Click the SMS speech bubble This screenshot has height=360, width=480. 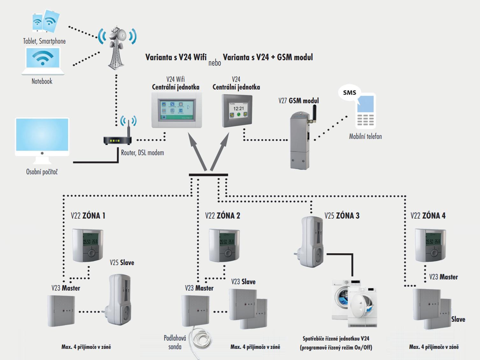point(349,92)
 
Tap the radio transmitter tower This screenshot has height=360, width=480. point(117,48)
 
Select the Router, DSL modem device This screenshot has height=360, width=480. point(117,139)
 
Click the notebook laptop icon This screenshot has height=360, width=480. point(43,61)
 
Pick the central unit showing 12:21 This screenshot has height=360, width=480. point(237,111)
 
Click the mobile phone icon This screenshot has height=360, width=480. point(365,112)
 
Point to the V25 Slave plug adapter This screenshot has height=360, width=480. point(119,299)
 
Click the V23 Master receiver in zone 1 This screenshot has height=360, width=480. point(61,311)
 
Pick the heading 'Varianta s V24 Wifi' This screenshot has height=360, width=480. point(176,57)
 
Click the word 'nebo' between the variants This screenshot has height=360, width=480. point(215,63)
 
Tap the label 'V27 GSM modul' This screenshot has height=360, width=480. point(298,101)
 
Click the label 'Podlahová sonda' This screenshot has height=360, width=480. point(175,342)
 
